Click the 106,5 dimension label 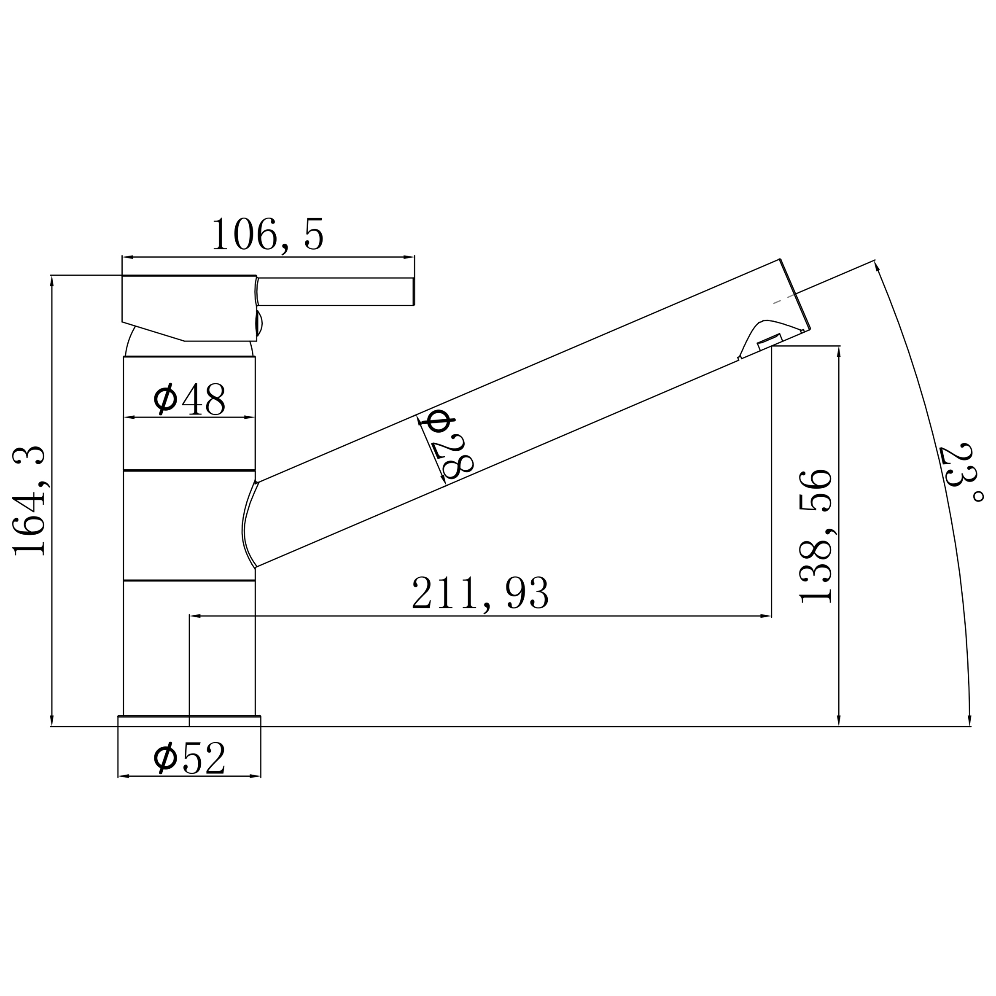(268, 234)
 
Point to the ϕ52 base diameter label (190, 757)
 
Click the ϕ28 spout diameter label (447, 444)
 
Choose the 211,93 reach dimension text (480, 593)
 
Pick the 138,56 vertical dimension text (815, 536)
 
